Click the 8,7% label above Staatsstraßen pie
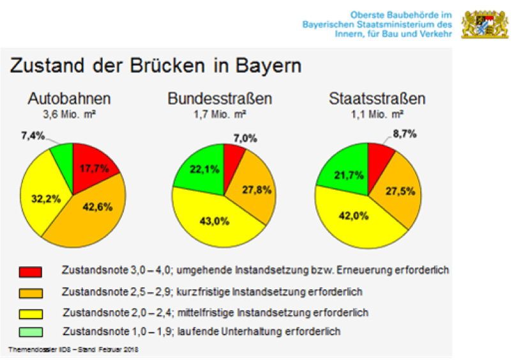coord(404,134)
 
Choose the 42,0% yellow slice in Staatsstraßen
coord(361,220)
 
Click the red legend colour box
coord(31,272)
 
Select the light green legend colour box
coord(31,331)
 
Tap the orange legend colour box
coord(31,292)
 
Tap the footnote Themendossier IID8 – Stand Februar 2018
coord(73,350)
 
